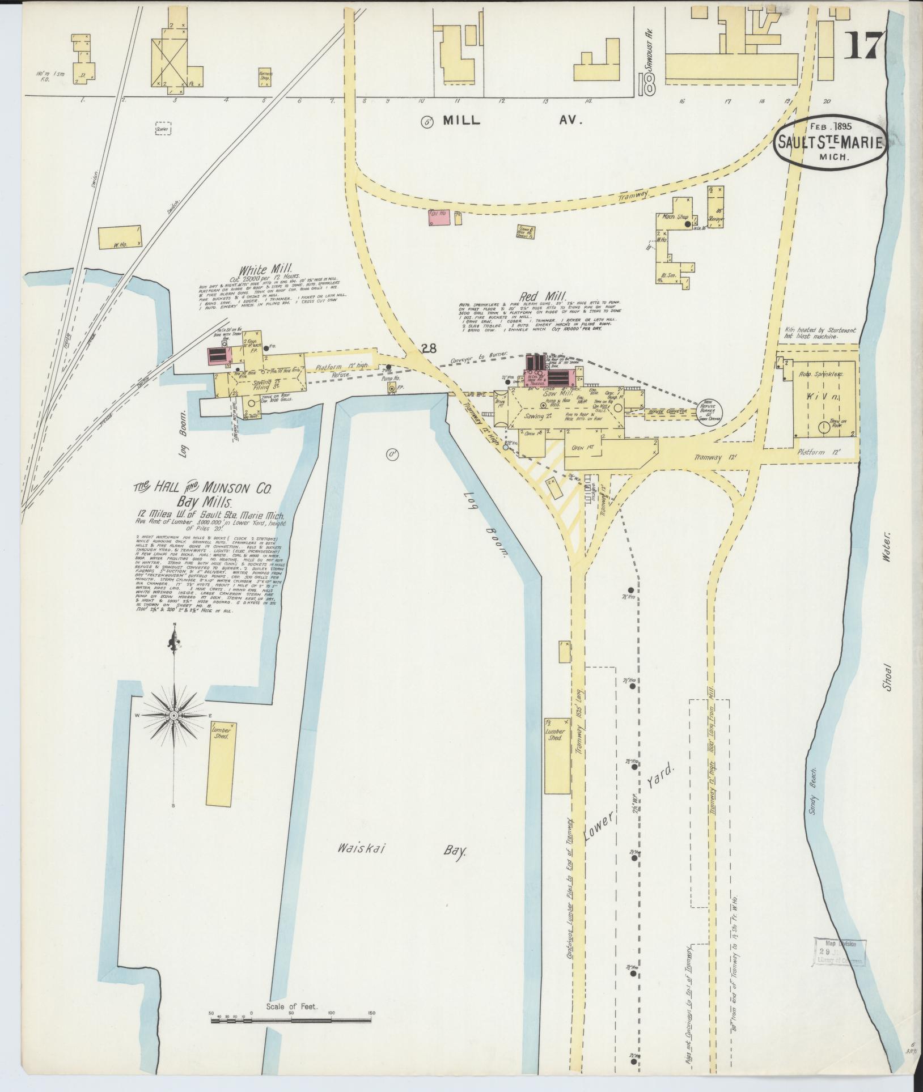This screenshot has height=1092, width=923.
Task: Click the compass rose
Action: coord(174,716)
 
